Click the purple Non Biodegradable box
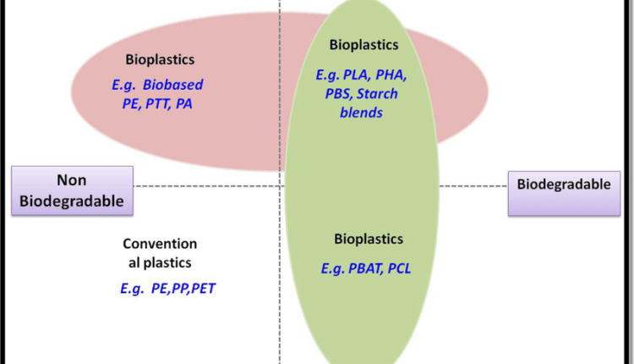pos(73,190)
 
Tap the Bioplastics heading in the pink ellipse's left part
pos(160,60)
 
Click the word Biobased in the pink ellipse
pos(174,85)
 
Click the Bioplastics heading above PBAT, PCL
pos(369,239)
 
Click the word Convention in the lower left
pos(160,244)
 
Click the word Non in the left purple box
pos(73,179)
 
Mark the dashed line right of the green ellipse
pos(473,185)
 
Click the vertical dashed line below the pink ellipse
pos(280,254)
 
